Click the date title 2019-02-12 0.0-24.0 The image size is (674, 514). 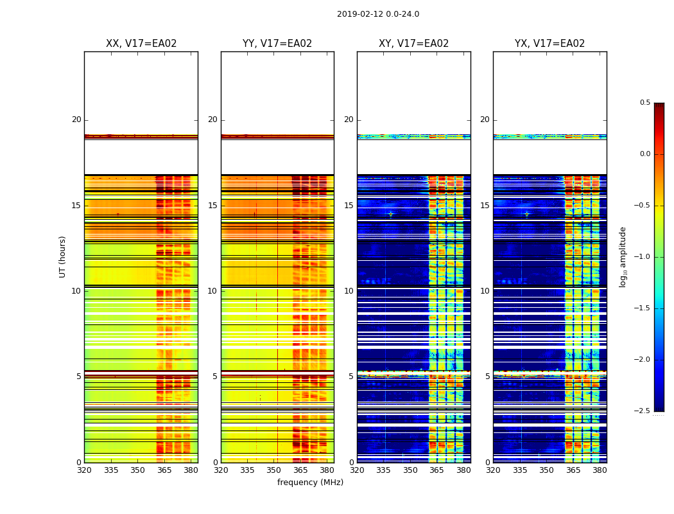click(x=378, y=14)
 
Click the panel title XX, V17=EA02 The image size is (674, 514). click(x=141, y=44)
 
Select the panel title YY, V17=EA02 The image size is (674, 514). click(x=277, y=44)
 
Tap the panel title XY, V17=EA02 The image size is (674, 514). click(x=414, y=44)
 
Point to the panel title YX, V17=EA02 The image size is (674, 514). click(x=550, y=44)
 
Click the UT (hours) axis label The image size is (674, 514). click(x=62, y=256)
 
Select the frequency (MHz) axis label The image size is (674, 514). click(x=310, y=483)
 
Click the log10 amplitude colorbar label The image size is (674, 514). click(x=623, y=256)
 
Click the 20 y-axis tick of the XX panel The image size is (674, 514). click(x=76, y=120)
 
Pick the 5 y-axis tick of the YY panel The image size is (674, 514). click(x=215, y=377)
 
